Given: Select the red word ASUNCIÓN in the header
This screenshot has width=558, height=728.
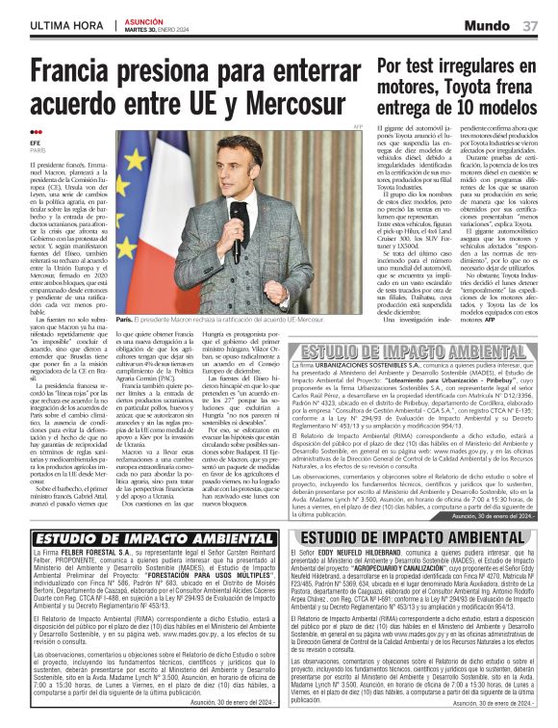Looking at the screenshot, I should [143, 19].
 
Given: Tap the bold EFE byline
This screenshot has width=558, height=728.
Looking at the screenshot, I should [36, 143].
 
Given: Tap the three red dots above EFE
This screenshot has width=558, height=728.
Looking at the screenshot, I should [36, 133].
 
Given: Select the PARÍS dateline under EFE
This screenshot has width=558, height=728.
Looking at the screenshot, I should [38, 151].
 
